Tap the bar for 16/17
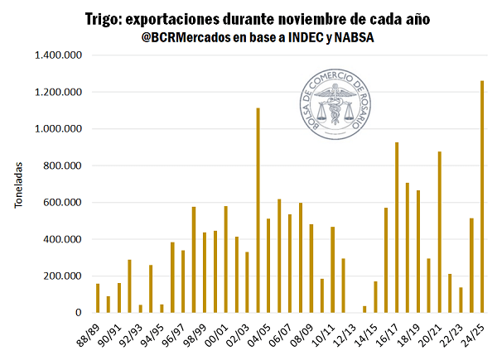point(397,228)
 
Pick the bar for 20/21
point(440,232)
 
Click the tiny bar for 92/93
point(141,309)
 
